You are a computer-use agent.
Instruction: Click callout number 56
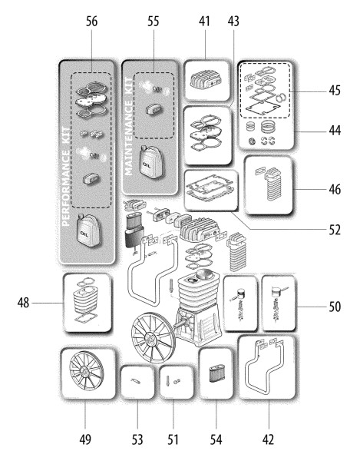coord(91,22)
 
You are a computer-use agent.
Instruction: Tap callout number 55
coord(153,22)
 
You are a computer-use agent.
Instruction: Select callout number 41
coord(204,22)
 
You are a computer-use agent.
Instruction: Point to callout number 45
coord(335,90)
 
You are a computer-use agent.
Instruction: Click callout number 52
coord(335,230)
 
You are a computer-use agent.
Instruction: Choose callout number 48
coord(23,303)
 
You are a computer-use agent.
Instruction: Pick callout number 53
coord(137,439)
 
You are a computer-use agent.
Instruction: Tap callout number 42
coord(268,439)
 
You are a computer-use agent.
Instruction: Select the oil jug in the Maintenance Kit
coord(150,162)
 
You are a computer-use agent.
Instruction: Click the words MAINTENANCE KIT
coord(128,127)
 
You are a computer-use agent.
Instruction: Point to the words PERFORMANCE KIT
coord(66,177)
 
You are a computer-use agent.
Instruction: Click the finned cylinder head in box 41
coord(206,79)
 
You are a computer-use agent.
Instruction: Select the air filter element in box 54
coord(216,373)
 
